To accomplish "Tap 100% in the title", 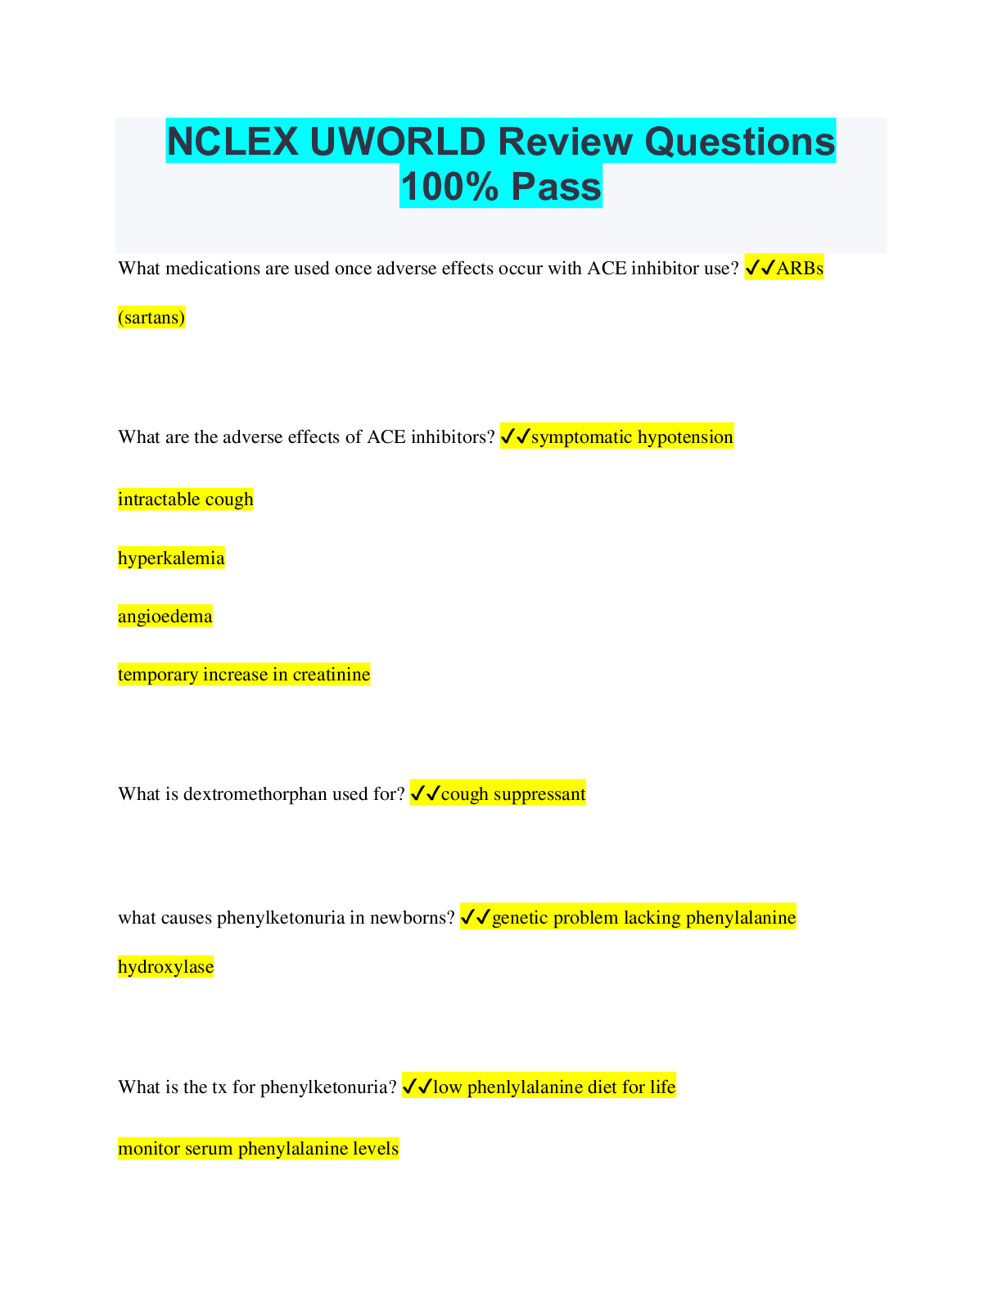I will click(x=449, y=187).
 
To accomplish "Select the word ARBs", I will click(x=800, y=268).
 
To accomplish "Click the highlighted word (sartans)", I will click(x=151, y=317).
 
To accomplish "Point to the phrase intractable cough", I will click(x=186, y=499).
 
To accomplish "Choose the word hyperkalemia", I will click(x=171, y=558).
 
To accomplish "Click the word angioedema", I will click(x=165, y=617).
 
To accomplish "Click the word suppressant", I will click(x=539, y=794).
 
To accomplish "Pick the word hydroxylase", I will click(x=165, y=967).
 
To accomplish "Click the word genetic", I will click(x=520, y=918).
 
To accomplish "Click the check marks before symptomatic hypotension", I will click(x=515, y=437).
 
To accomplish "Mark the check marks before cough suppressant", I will click(x=425, y=793).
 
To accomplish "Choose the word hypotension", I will click(x=685, y=437).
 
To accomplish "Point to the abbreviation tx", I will click(x=219, y=1087).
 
